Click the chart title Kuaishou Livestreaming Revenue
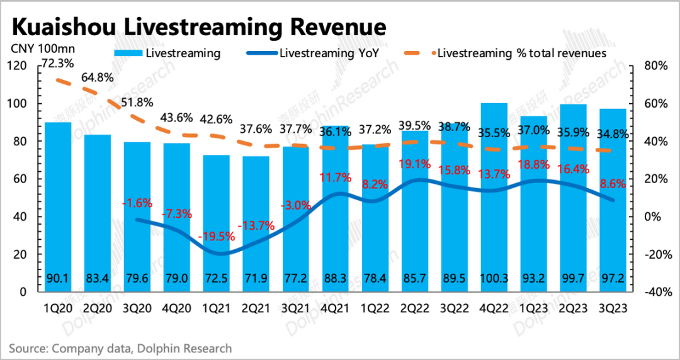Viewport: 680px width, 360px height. pos(199,28)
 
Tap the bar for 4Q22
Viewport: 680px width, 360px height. pos(494,201)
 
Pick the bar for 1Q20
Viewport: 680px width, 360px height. pos(57,208)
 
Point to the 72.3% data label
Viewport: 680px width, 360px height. pos(57,64)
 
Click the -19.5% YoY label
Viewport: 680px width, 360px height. pos(216,237)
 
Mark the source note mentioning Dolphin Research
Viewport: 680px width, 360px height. pos(120,348)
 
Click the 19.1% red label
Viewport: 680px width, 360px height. pos(414,164)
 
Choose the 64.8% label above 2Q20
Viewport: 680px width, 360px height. pos(98,78)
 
